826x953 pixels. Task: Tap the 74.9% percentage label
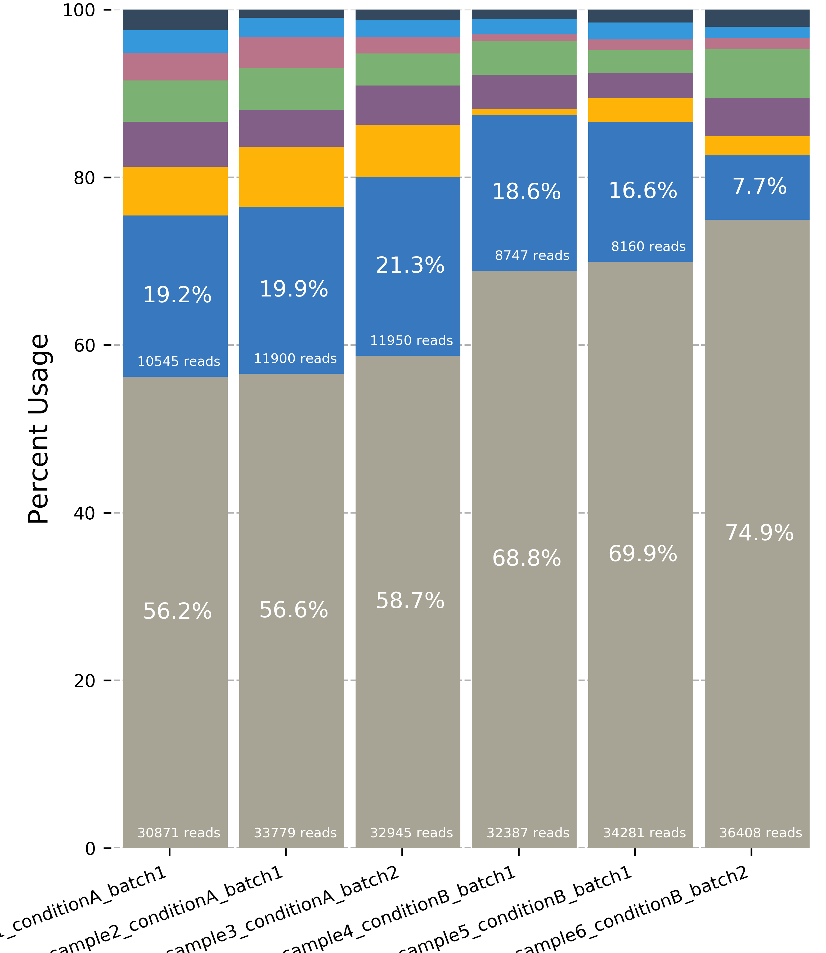coord(759,533)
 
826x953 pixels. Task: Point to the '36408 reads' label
coord(761,833)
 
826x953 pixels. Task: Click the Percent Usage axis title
coord(39,429)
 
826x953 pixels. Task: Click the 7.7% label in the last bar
coord(759,187)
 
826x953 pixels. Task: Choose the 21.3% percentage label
coord(410,266)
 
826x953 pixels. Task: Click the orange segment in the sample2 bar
coord(291,177)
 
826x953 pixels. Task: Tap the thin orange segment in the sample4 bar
coord(524,112)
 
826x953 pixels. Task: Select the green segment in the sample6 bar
coord(757,74)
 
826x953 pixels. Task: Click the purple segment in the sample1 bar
coord(175,144)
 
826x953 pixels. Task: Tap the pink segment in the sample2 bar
coord(291,52)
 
